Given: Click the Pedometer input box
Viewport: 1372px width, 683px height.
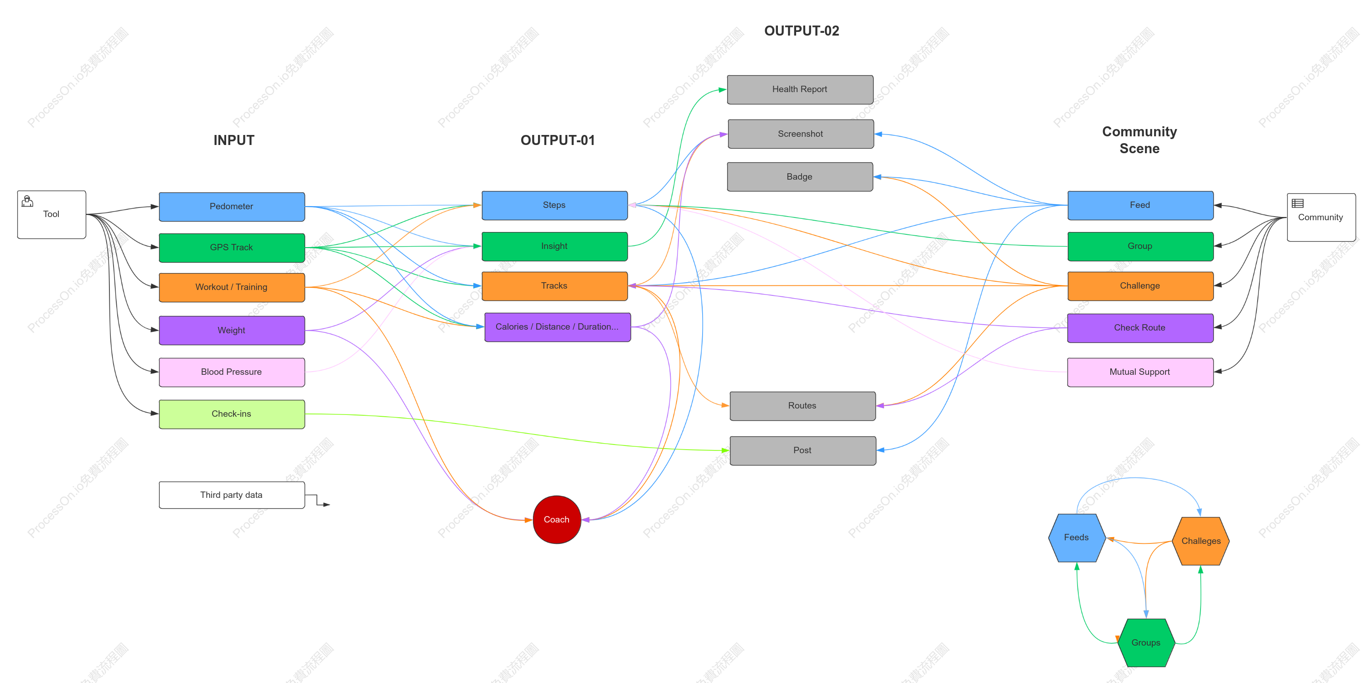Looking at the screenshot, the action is coord(232,207).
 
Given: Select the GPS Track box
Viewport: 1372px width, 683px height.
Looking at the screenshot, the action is coord(232,248).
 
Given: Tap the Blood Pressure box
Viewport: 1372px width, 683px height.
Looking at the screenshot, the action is coord(232,373).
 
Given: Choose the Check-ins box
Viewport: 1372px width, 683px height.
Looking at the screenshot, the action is coord(232,414).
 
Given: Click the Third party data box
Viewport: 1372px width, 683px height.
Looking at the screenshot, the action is coord(232,495).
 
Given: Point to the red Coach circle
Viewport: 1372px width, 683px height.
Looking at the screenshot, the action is coord(557,519).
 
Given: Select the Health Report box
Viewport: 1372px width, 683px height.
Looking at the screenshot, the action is coord(800,89).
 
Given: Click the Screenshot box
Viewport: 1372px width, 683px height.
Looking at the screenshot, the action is coord(801,134).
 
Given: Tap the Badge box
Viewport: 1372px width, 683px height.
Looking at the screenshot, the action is coord(800,177).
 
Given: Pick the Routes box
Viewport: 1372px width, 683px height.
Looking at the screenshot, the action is coord(802,406).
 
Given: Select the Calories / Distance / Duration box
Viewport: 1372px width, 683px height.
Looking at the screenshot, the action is coord(558,327).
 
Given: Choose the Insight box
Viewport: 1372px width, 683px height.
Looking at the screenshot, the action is coord(554,246).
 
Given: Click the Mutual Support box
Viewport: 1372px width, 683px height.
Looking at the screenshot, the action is coord(1140,373).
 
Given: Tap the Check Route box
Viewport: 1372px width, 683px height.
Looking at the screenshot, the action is coord(1140,328).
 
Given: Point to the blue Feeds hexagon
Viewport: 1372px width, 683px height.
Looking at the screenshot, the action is coord(1077,538).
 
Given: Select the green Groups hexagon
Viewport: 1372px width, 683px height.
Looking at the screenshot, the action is coord(1146,642).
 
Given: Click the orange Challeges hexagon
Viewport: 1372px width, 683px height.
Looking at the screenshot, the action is coord(1201,541).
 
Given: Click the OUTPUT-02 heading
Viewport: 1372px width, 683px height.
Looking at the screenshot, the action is coord(802,31).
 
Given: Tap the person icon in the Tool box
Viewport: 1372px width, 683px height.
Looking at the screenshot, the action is coord(27,201).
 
